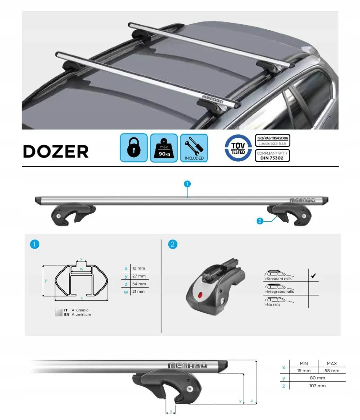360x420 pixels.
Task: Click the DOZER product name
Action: [56, 151]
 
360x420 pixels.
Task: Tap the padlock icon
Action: [134, 147]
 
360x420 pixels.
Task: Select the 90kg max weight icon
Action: [164, 148]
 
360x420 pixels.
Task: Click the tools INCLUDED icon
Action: [194, 148]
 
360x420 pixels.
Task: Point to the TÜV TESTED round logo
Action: [238, 148]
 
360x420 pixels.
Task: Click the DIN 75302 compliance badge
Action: [272, 156]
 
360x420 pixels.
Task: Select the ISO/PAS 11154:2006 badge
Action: [272, 141]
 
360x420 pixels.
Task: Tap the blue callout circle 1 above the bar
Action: [187, 184]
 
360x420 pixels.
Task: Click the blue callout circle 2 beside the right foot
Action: [260, 221]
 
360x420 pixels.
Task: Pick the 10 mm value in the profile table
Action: [139, 268]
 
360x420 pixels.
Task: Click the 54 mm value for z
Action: [139, 283]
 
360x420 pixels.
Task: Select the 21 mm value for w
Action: [138, 291]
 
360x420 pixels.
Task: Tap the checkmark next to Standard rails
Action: [313, 276]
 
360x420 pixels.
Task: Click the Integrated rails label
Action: [279, 291]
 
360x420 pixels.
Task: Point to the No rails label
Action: [272, 304]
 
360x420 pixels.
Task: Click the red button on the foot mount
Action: [200, 295]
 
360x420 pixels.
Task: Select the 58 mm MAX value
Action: [331, 371]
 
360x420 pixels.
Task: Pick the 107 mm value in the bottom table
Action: [318, 386]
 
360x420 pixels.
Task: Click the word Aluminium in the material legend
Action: [81, 315]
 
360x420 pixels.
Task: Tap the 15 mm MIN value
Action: [304, 371]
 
